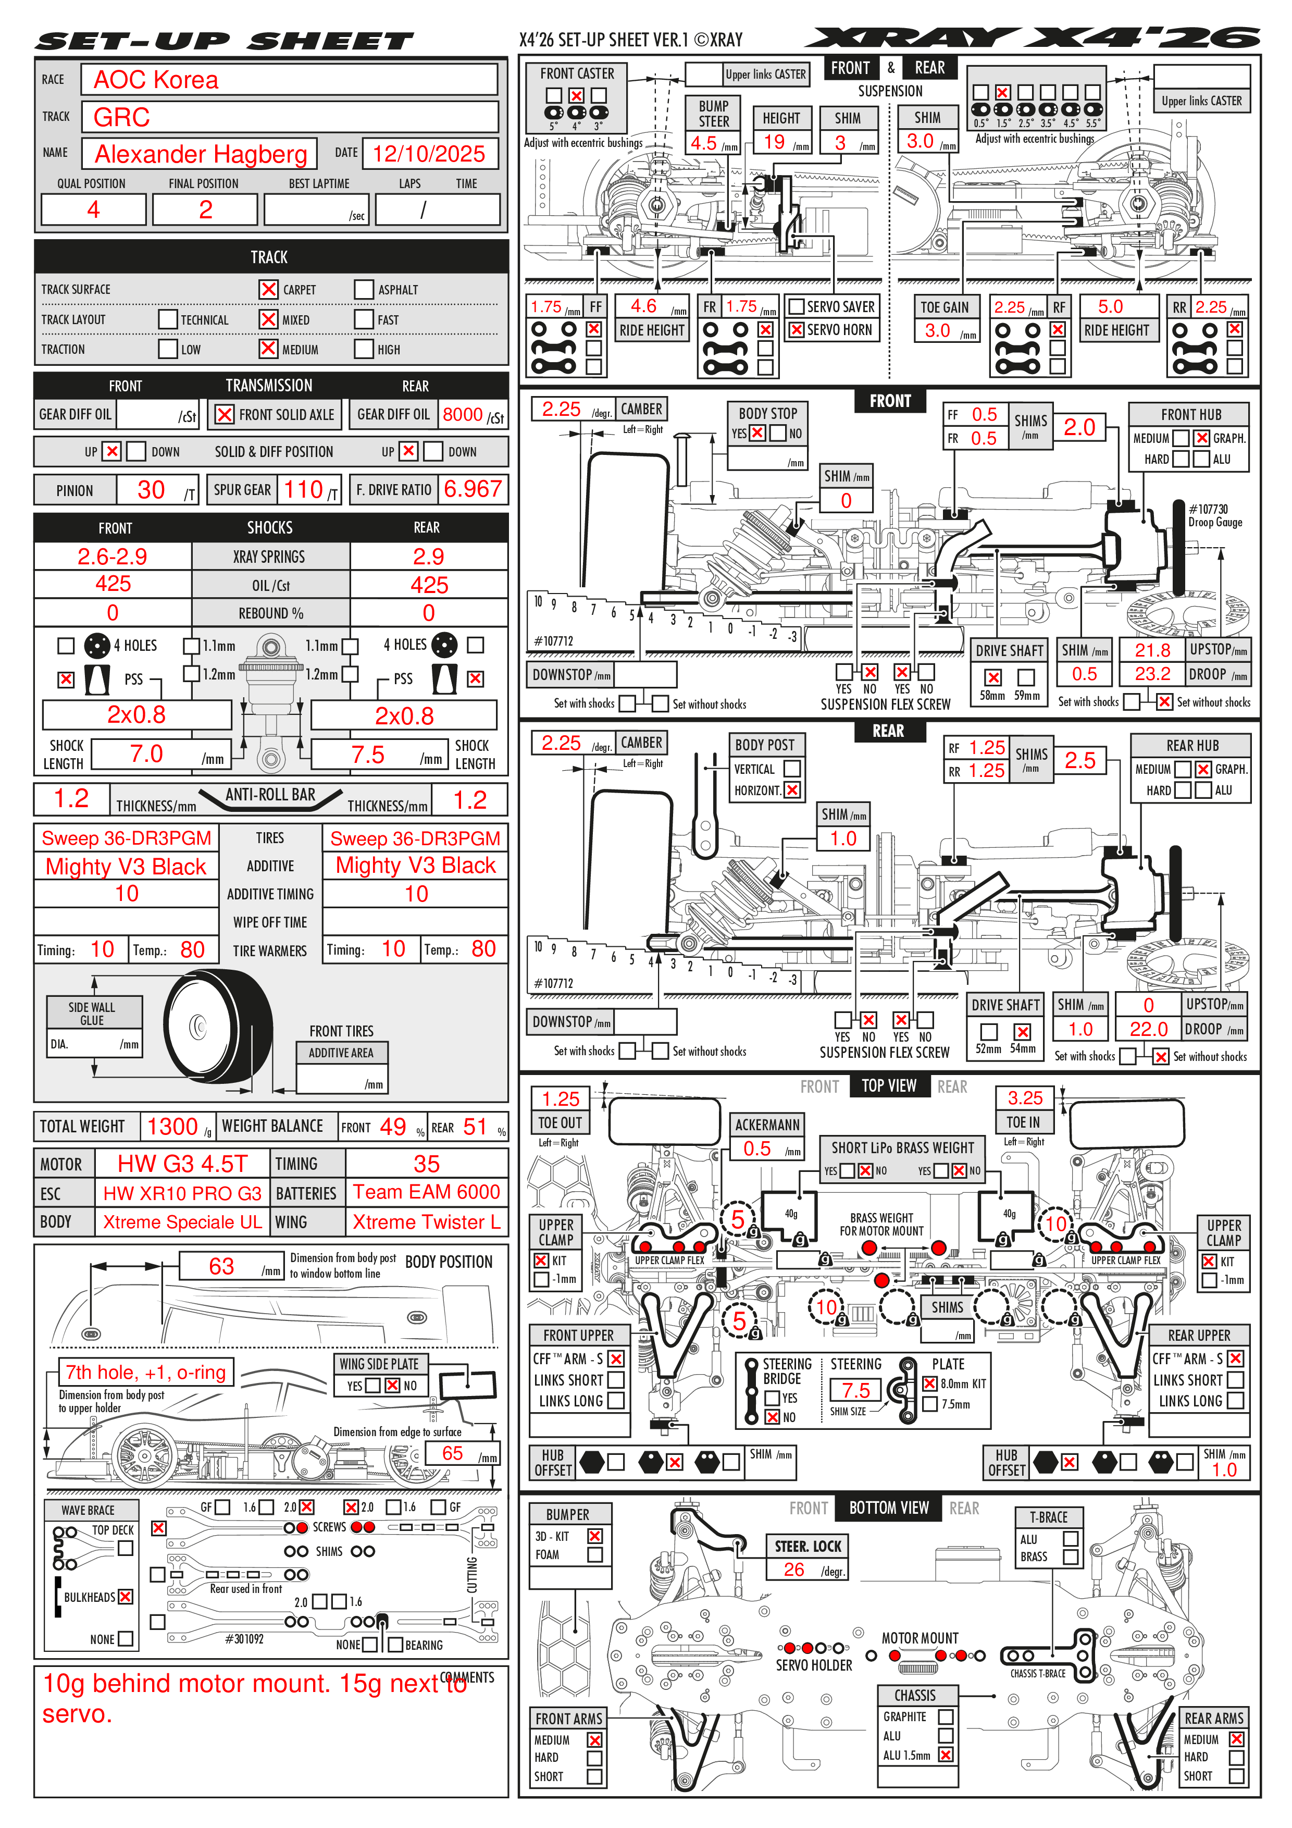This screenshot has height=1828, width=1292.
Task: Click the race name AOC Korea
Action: pos(156,80)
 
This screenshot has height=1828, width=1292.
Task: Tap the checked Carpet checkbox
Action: pos(268,289)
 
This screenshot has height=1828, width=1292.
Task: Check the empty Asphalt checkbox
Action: pos(364,289)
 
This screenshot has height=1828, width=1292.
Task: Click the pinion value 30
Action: pos(151,490)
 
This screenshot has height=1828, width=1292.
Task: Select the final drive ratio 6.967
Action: pos(473,489)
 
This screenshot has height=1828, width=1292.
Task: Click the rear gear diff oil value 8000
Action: pos(463,415)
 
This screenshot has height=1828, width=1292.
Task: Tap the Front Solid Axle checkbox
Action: pos(225,415)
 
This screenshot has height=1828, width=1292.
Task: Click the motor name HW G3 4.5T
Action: pos(182,1164)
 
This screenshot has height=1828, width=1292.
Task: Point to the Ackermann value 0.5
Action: pos(757,1148)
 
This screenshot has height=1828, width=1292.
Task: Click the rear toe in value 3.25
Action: pos(1025,1098)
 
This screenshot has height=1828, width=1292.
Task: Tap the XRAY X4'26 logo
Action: pos(1033,38)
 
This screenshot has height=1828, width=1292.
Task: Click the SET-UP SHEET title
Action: pos(225,41)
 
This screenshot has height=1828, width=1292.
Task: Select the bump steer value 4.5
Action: pos(704,143)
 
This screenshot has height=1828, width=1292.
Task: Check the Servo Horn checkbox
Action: pos(796,330)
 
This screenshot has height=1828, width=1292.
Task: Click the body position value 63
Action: pos(221,1267)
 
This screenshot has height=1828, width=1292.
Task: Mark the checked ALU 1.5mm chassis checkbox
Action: pos(946,1755)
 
